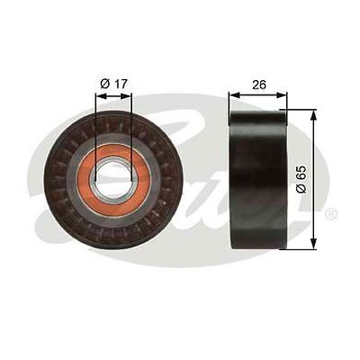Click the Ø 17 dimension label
point(113,83)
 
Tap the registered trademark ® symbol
point(331,214)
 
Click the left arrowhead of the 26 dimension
point(233,94)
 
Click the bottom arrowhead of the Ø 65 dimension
point(312,243)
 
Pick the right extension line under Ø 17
point(130,126)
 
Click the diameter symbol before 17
point(104,83)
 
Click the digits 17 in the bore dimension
point(120,83)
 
